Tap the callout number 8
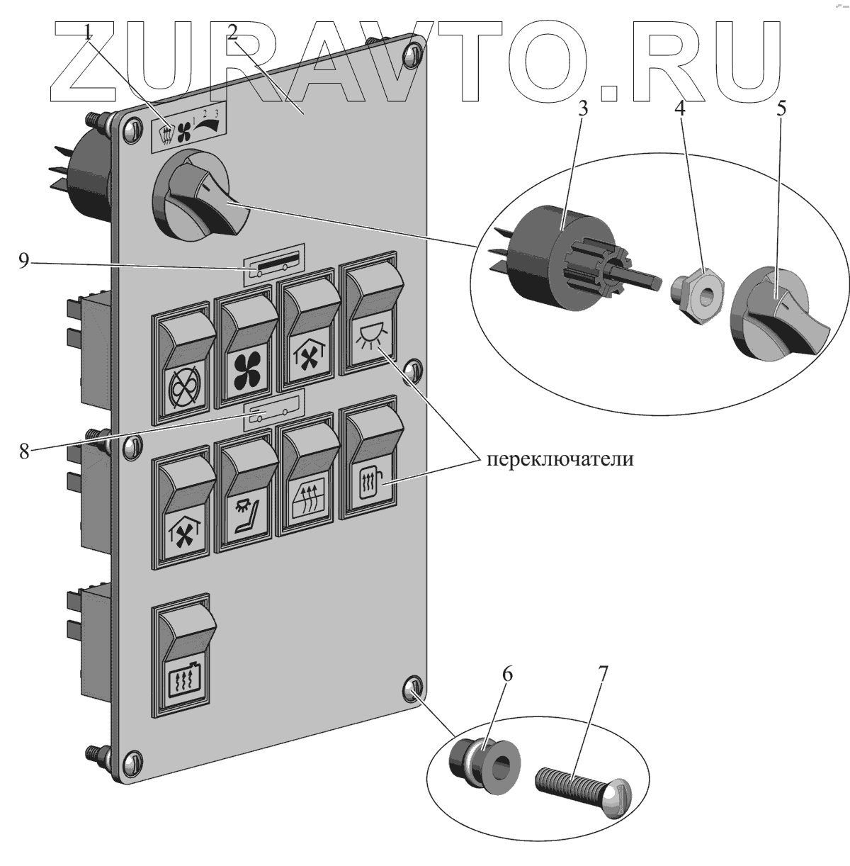coord(25,451)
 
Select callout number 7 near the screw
coord(603,674)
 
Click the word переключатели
coord(559,459)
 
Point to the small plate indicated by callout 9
coord(274,266)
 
